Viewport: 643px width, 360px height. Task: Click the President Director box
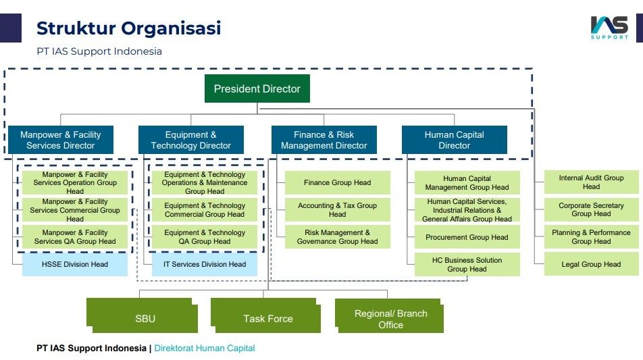(257, 88)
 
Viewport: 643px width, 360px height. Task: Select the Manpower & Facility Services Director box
(61, 140)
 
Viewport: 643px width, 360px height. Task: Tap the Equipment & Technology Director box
(191, 140)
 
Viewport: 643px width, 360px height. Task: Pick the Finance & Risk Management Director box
(324, 140)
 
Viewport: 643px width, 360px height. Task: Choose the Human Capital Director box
(455, 140)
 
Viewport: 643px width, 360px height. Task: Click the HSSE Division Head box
(75, 265)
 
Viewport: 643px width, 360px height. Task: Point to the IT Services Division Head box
(205, 265)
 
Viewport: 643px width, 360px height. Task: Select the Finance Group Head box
(338, 183)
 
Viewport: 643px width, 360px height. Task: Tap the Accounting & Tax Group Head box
(338, 210)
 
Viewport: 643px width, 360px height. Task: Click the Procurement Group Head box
(467, 237)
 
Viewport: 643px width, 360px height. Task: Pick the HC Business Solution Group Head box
(467, 265)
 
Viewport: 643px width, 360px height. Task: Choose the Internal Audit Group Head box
(592, 182)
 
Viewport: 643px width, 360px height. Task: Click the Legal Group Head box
(592, 265)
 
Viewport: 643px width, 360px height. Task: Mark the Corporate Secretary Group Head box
(592, 209)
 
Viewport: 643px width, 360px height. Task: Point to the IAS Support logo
(609, 28)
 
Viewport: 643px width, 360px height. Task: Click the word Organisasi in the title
(171, 28)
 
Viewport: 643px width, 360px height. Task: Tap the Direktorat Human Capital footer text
(205, 348)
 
